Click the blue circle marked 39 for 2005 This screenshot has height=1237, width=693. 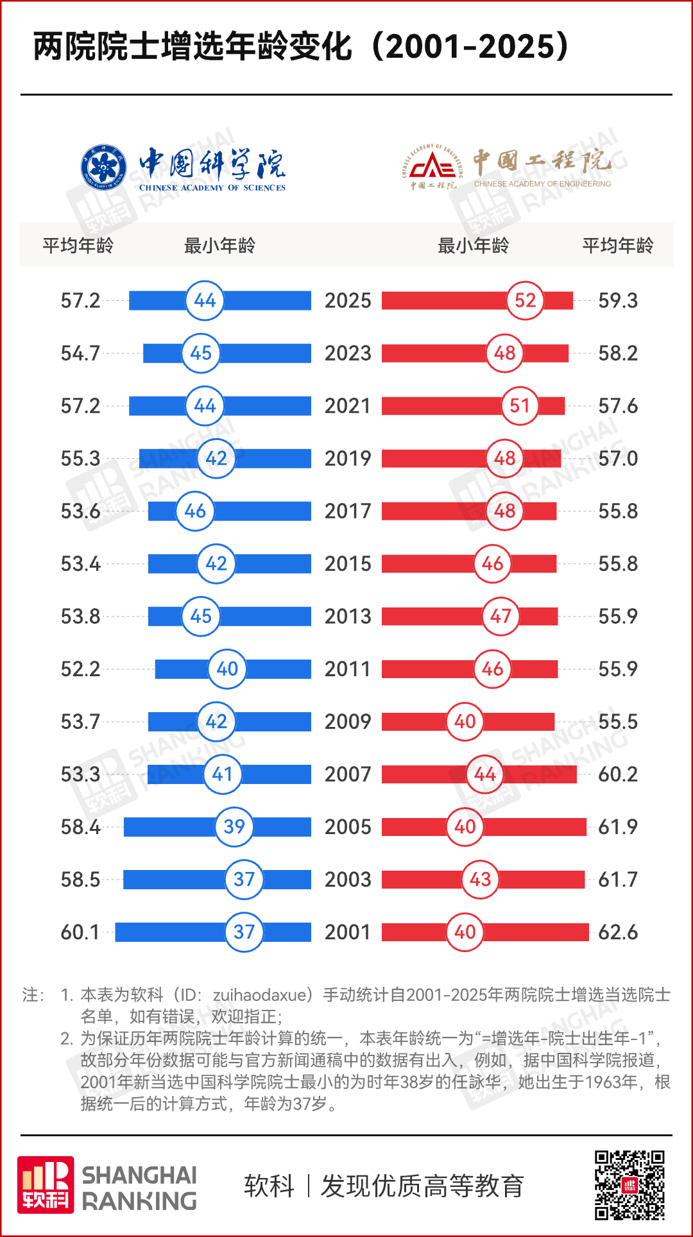[234, 826]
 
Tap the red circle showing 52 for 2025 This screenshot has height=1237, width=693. [525, 300]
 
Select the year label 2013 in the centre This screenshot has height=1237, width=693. [348, 617]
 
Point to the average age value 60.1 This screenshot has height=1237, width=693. [80, 932]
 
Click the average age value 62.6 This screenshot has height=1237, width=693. [618, 932]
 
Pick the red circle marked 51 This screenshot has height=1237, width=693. [520, 405]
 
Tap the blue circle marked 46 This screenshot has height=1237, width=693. [195, 511]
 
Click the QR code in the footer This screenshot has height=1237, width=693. [629, 1184]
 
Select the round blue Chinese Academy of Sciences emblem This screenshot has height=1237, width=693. [103, 167]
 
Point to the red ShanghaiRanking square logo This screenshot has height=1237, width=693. [46, 1185]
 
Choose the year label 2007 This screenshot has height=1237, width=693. [348, 774]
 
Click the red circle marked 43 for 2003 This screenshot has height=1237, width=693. [480, 879]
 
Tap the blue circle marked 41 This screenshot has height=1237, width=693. [222, 774]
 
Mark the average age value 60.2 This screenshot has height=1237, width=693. [618, 774]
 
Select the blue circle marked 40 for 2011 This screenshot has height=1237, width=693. [227, 669]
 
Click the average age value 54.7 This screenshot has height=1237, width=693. [80, 354]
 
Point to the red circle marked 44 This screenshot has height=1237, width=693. [485, 774]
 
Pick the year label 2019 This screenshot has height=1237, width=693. [348, 459]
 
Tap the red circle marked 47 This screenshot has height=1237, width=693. [501, 616]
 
